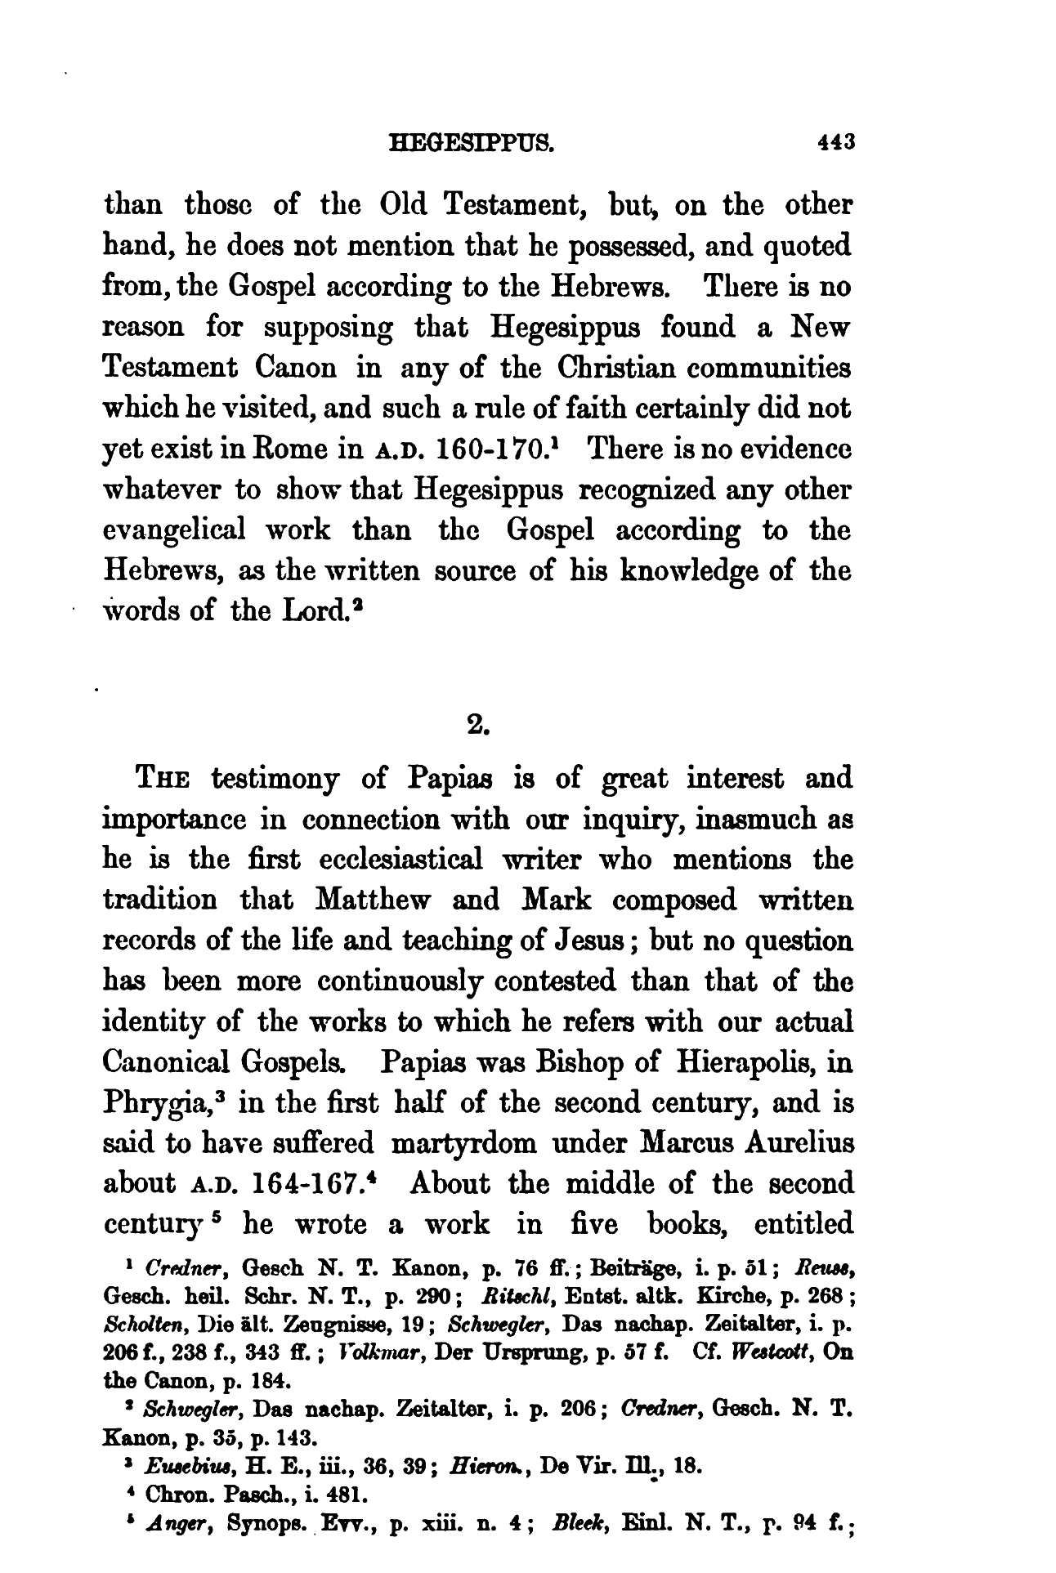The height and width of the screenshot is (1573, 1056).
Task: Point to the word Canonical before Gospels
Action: (x=166, y=1063)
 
